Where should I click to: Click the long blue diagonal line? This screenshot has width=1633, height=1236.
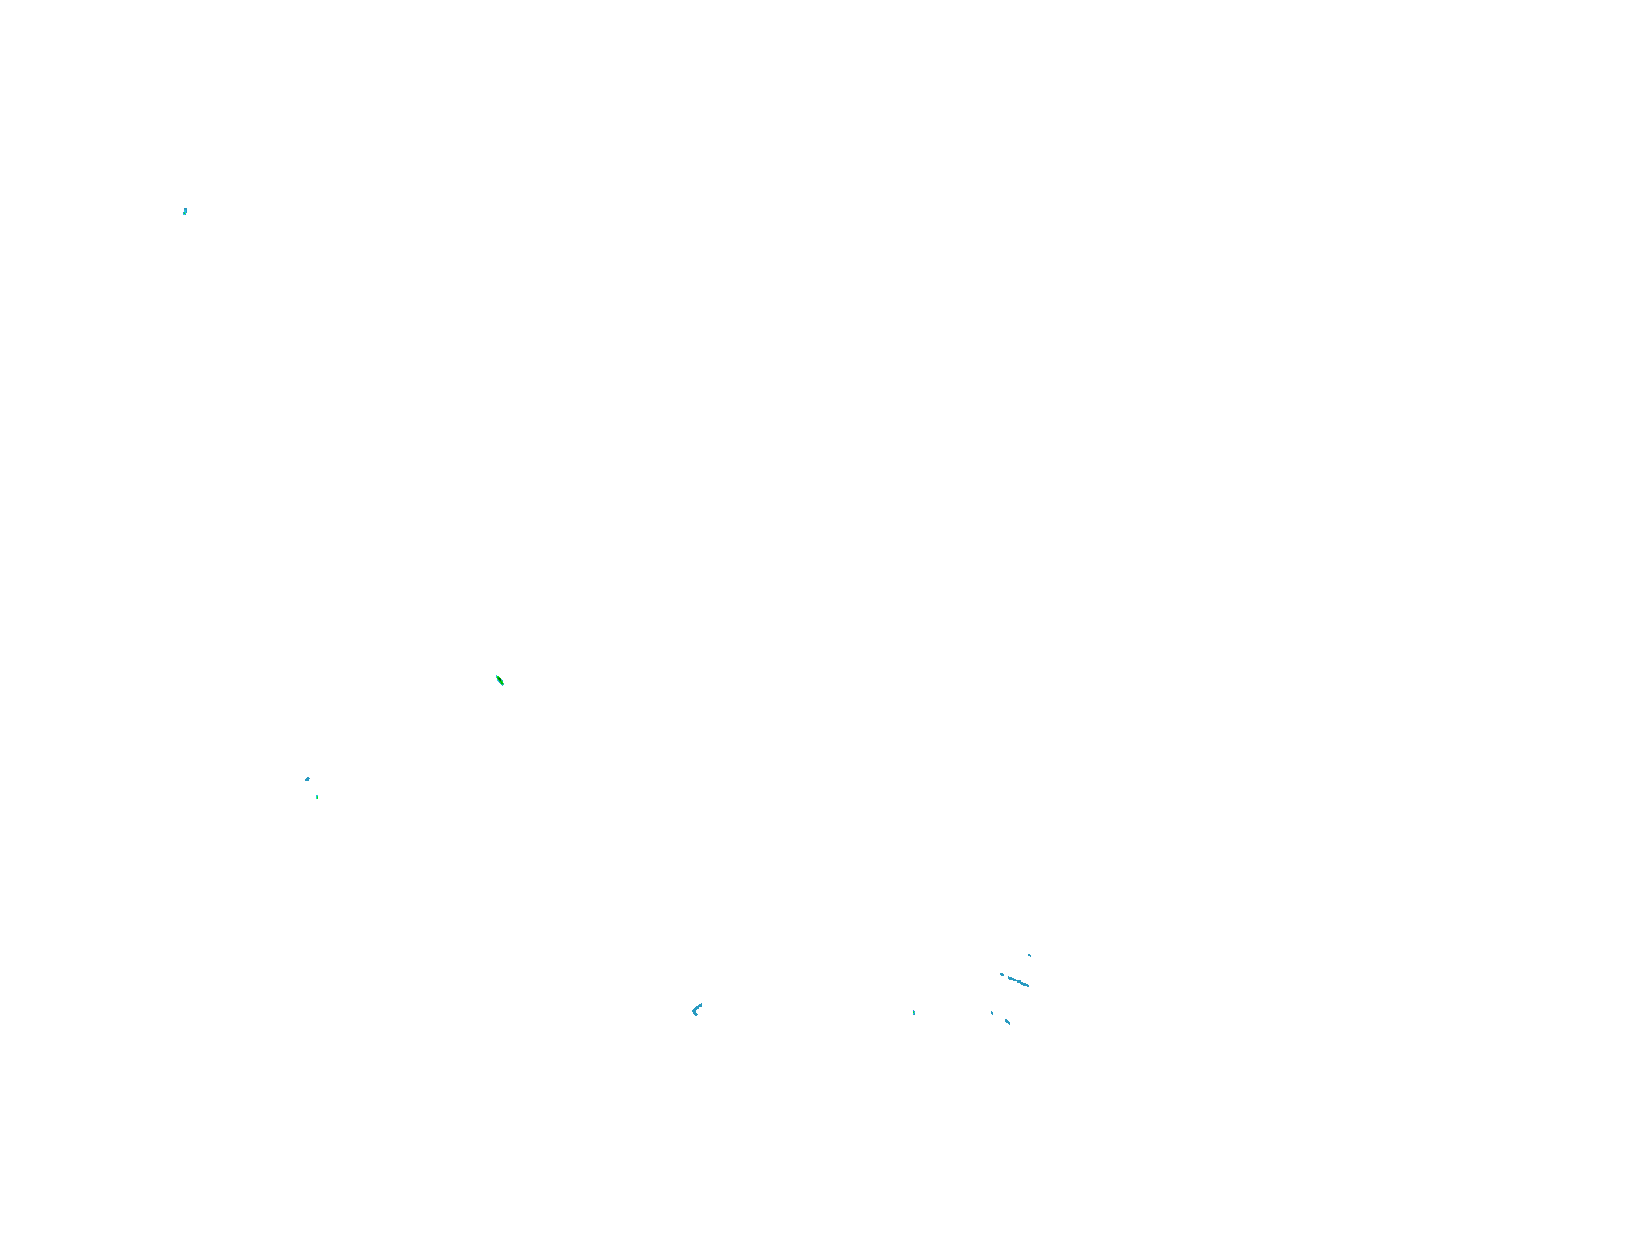pos(1017,981)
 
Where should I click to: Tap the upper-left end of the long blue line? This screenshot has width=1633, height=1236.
pos(1008,977)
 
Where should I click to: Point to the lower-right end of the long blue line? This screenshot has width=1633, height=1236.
pos(1028,986)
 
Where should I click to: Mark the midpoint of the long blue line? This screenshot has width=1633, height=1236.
pos(1018,981)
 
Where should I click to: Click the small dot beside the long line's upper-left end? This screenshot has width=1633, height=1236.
pos(1001,974)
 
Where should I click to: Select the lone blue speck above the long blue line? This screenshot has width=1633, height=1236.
pos(1029,955)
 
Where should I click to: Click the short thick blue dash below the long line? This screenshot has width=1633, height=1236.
pos(1008,1022)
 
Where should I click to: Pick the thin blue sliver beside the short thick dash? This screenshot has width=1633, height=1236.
pos(992,1013)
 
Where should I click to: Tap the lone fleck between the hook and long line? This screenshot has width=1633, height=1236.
pos(914,1013)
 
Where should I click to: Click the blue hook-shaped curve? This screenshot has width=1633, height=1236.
pos(696,1010)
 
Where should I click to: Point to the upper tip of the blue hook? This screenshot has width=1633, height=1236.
pos(702,1004)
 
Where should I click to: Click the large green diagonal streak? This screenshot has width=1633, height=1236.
pos(500,681)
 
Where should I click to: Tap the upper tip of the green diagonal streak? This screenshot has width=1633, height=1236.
pos(497,677)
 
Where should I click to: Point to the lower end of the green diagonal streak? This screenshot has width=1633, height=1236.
pos(503,685)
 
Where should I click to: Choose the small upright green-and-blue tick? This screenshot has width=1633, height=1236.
pos(317,797)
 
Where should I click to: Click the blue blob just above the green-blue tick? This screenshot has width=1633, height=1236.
pos(307,779)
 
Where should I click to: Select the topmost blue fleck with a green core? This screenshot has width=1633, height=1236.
pos(184,212)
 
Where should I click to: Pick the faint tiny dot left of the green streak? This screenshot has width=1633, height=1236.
pos(255,588)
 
